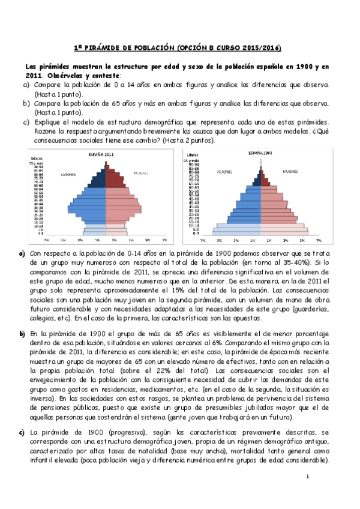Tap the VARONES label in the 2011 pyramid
[x=67, y=175]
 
